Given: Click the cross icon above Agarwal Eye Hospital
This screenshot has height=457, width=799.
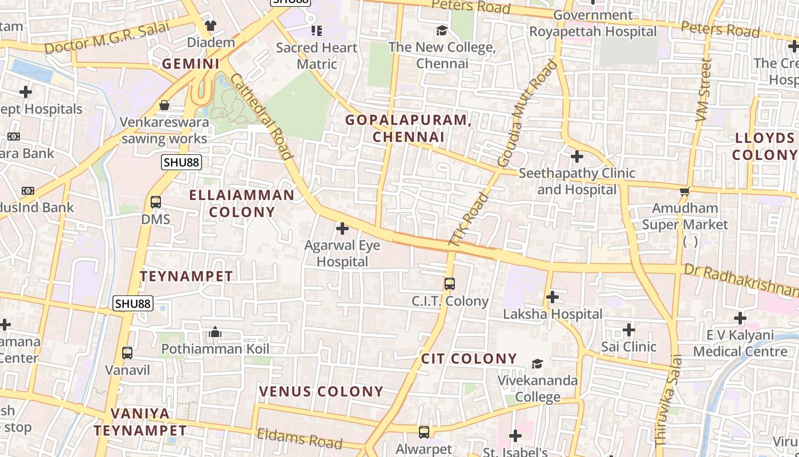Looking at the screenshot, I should [342, 229].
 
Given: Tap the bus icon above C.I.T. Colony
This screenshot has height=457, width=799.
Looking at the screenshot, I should [450, 283].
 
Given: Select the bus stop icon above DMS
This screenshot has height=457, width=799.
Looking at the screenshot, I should [155, 202].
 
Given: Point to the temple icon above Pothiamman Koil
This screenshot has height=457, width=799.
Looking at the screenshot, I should [215, 332].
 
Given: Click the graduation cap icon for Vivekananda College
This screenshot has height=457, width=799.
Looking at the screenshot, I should [537, 364].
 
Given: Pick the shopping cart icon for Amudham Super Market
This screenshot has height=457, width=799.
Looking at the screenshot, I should [684, 191].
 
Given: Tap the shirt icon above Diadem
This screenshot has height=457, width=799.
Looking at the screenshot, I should [211, 26].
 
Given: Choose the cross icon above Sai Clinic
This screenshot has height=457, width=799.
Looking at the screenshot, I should [629, 330].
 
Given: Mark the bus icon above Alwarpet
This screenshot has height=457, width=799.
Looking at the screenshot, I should [423, 432].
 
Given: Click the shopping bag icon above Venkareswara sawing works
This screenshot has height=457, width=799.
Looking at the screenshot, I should [164, 105].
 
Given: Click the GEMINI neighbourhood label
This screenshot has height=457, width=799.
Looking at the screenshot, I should [191, 64].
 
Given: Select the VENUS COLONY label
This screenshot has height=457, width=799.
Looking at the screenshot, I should [321, 392].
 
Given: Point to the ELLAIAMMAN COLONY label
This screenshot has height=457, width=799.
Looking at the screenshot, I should [242, 203].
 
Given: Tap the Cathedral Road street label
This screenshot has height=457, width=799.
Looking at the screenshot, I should [262, 117].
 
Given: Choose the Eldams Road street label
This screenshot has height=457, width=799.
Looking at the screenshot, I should [300, 438].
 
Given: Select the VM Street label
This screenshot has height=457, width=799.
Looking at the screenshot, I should [704, 90].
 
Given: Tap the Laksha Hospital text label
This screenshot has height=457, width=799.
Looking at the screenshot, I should [552, 314].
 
